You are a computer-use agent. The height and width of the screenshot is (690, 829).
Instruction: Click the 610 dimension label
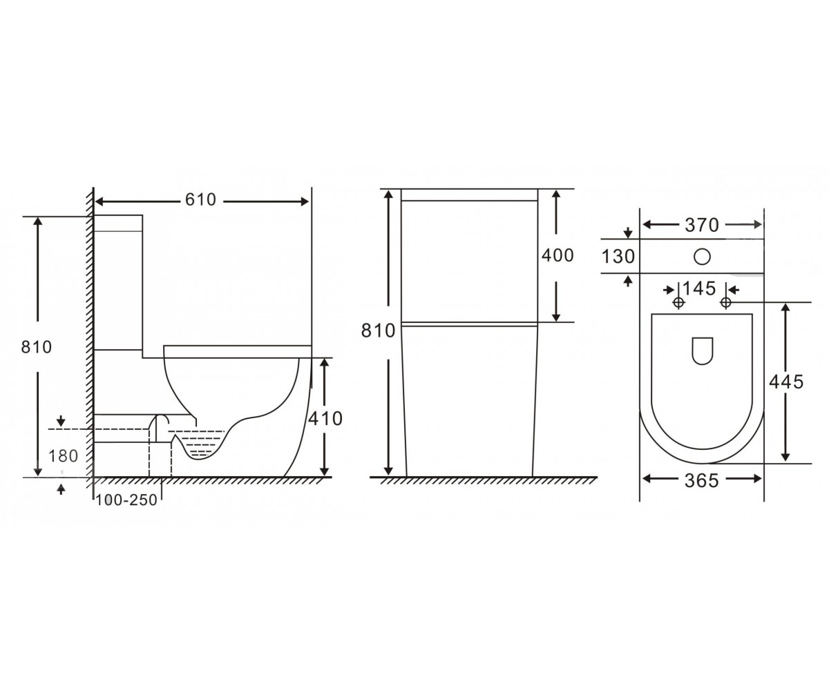pos(200,200)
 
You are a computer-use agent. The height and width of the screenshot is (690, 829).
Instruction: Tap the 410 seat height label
pos(325,418)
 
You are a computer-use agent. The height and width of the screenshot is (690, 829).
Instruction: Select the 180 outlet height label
pos(63,456)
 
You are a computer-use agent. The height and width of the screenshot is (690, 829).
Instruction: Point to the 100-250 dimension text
pos(126,500)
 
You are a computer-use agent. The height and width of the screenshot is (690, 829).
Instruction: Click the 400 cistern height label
pos(558,255)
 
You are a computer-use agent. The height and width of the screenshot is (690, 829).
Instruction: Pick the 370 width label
pos(702,225)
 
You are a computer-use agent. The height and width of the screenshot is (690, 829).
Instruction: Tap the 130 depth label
pos(618,257)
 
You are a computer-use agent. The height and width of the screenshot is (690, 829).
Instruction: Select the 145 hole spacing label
pos(699,288)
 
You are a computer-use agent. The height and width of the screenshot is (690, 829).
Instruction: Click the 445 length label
pos(787,382)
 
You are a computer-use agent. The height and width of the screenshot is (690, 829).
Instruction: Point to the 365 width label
pos(702,481)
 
